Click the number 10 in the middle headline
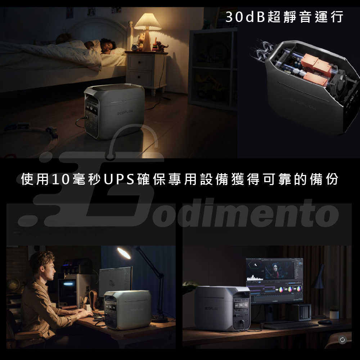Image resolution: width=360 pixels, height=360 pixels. (x=60, y=179)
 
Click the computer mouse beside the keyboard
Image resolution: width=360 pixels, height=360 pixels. (x=324, y=321)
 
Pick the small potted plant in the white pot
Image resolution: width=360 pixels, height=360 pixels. (x=334, y=313)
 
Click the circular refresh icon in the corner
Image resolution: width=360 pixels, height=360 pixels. (x=342, y=339)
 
